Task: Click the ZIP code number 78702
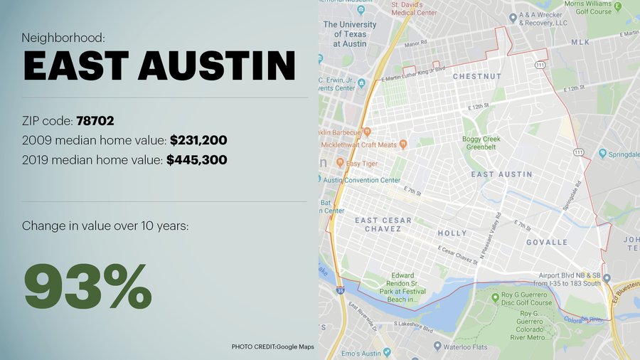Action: point(95,121)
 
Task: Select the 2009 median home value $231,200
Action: point(198,140)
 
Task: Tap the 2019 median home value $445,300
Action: point(197,160)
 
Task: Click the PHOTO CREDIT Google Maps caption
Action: point(272,346)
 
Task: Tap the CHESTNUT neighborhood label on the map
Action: point(477,76)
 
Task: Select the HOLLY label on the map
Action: point(452,233)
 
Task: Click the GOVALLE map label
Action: point(546,242)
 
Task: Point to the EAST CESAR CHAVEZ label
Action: point(383,225)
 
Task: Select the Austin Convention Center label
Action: point(362,180)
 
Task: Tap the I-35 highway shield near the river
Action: point(341,290)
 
